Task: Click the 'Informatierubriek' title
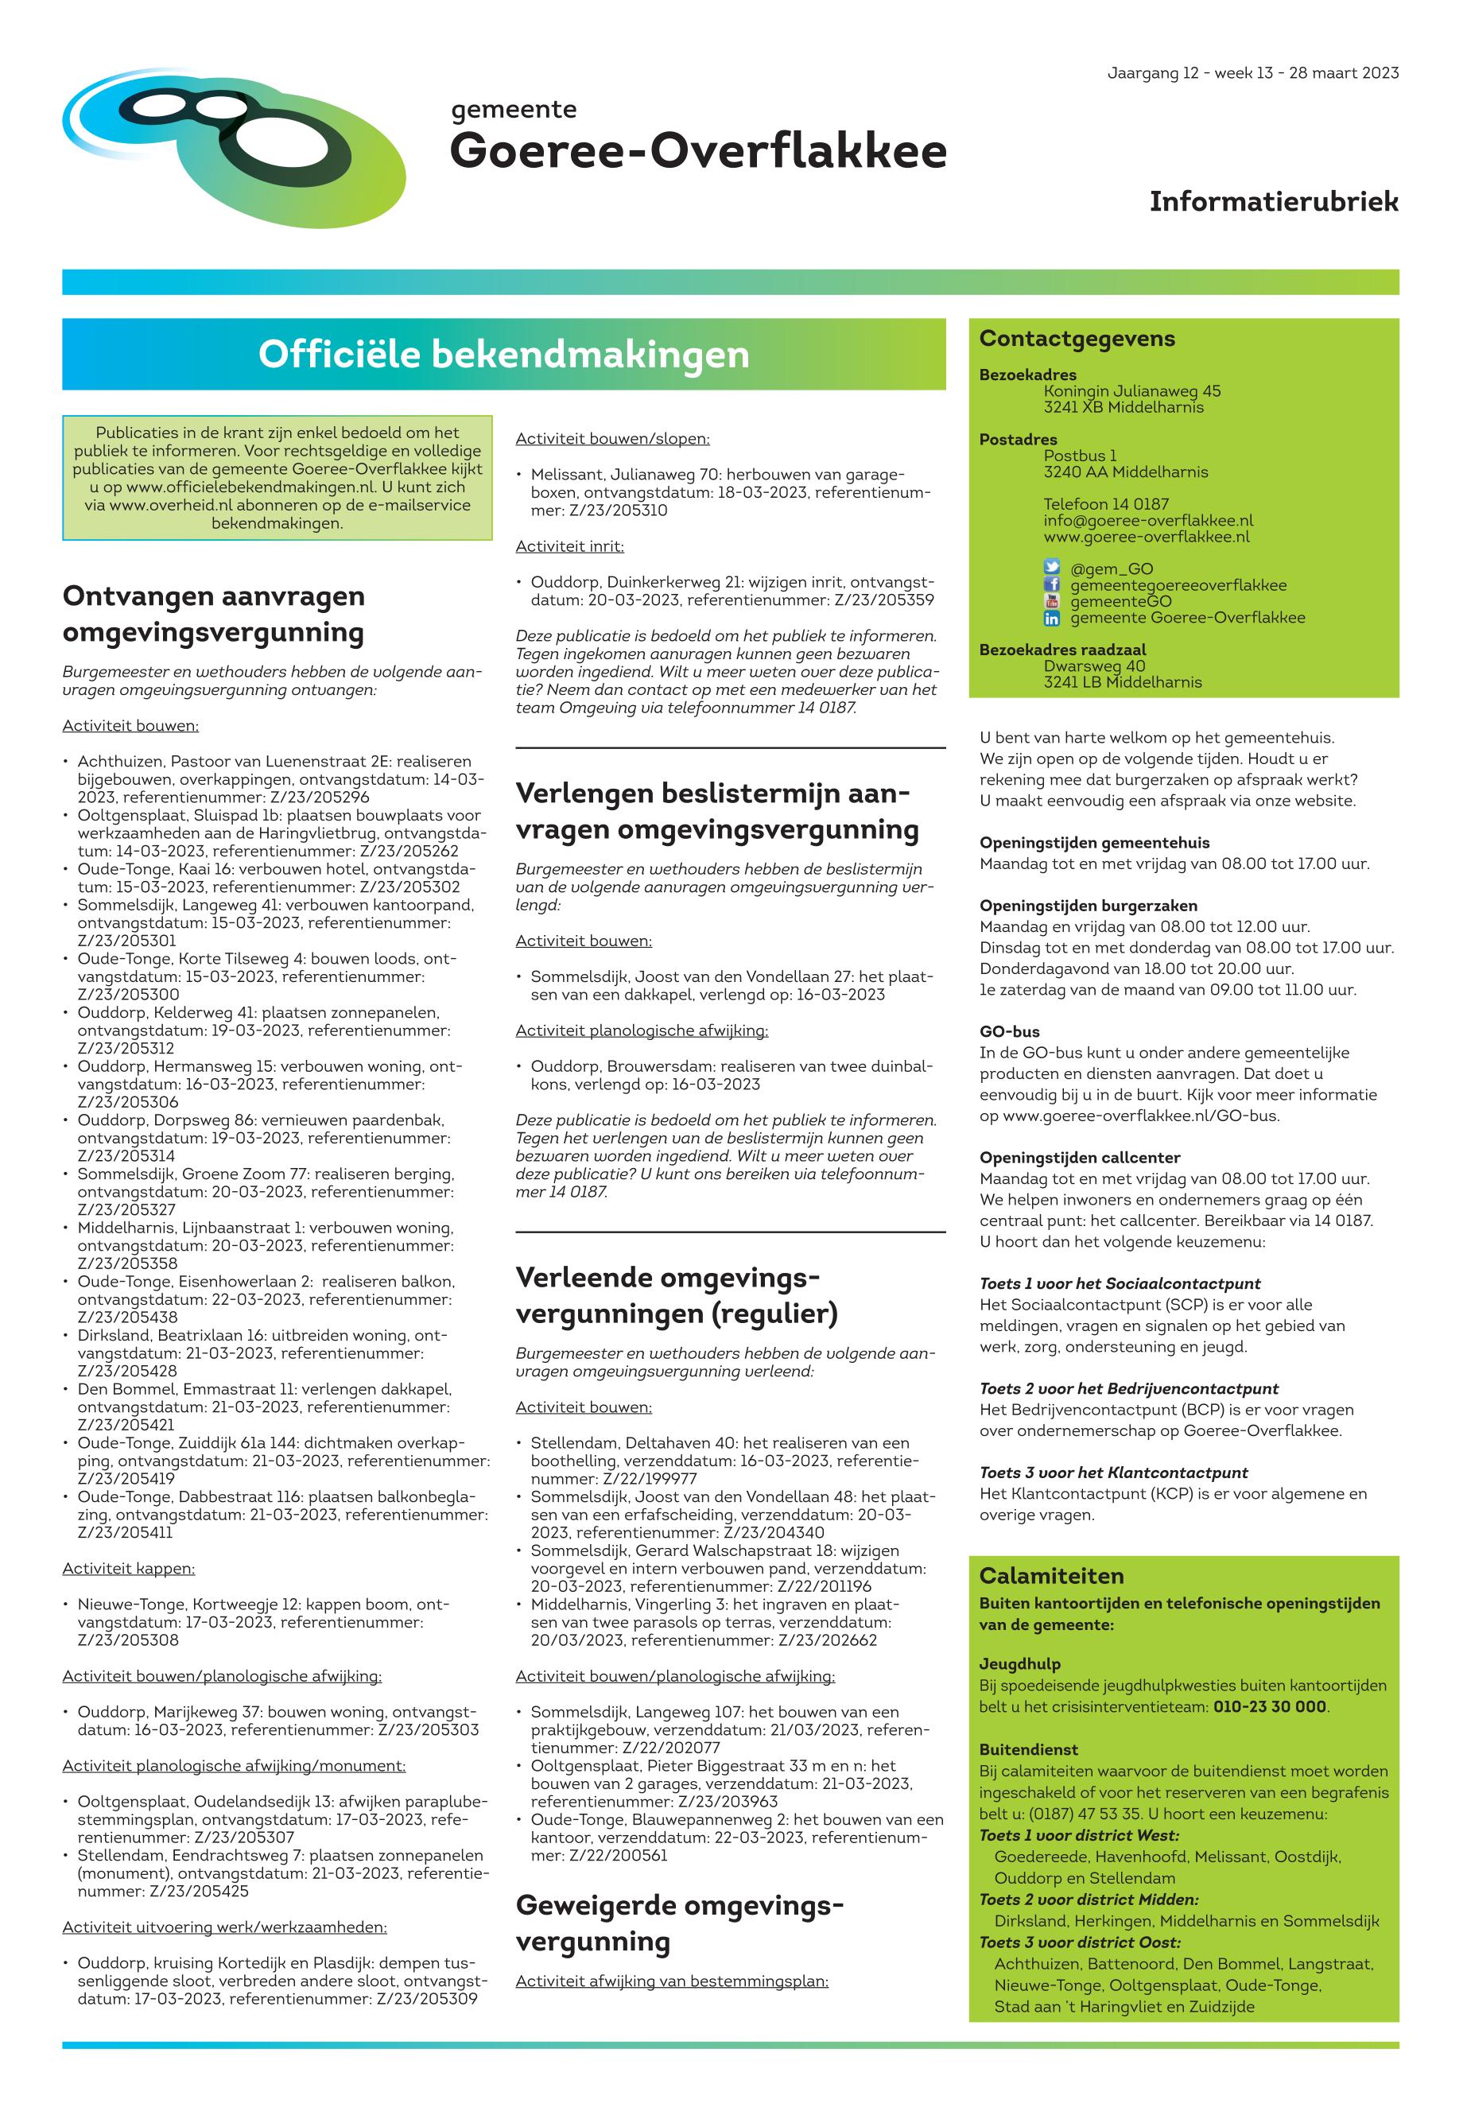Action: [x=1273, y=201]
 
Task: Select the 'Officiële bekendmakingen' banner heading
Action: [x=503, y=355]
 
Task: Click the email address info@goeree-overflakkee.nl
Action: [x=1148, y=520]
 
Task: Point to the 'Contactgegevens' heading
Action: [x=1077, y=338]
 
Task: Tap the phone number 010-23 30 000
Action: [x=1269, y=1707]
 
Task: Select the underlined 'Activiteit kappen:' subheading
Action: [x=129, y=1568]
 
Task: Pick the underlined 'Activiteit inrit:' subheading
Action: [x=569, y=546]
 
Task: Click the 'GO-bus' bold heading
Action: [x=1009, y=1031]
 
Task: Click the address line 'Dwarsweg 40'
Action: [x=1094, y=666]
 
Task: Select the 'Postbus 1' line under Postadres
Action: [x=1079, y=455]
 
